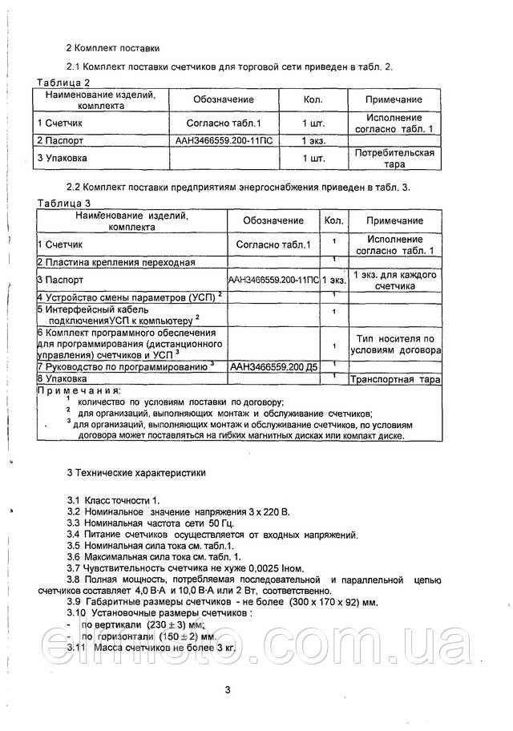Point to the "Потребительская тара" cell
(x=394, y=158)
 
